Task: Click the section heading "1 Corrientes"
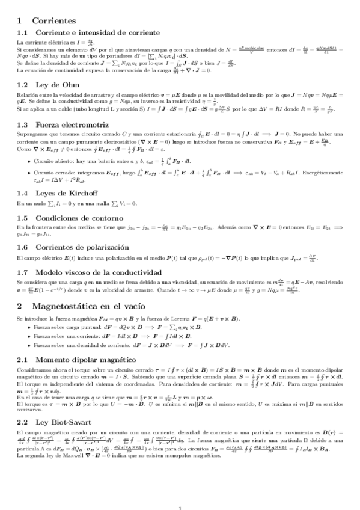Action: coord(43,20)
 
